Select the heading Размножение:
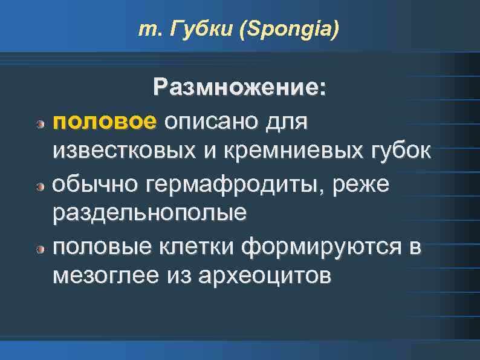(x=240, y=88)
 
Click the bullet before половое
(x=39, y=123)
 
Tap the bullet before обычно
(x=39, y=186)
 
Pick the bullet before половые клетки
(x=39, y=249)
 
